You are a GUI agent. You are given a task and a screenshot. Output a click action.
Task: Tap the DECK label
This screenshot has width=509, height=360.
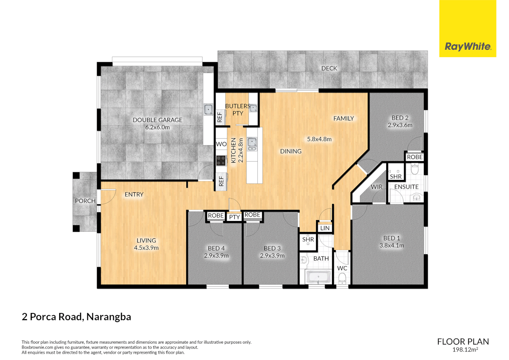[329, 68]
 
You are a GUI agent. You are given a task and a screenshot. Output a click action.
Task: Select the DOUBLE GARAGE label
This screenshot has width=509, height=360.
[157, 120]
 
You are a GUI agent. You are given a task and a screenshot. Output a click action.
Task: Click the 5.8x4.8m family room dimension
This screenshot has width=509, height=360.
[319, 139]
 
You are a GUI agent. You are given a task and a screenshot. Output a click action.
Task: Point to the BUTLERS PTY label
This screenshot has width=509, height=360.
[238, 110]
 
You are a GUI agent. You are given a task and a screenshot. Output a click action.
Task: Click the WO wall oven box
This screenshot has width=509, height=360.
[221, 144]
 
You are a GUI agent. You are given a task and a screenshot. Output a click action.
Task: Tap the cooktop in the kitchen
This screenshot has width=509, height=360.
[221, 161]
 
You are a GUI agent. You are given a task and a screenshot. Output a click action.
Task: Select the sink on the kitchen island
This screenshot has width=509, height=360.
[252, 144]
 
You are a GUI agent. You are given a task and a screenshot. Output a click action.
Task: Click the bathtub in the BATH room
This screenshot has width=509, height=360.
[318, 277]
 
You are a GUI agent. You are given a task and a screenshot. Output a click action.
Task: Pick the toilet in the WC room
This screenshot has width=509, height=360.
[342, 278]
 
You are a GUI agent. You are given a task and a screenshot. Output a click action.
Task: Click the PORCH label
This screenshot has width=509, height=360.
[85, 201]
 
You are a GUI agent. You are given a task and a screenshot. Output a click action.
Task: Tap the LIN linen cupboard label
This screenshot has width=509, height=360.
[325, 228]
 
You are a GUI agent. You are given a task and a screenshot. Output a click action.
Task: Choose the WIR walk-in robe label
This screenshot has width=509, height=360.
[376, 187]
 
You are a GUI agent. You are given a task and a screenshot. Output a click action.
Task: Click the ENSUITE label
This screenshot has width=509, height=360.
[406, 187]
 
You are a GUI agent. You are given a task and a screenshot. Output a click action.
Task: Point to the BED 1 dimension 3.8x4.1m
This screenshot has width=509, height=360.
[392, 246]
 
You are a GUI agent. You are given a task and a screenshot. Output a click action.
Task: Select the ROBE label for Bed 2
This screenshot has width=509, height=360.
[414, 157]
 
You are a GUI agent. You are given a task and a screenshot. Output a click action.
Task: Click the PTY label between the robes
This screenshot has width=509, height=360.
[235, 217]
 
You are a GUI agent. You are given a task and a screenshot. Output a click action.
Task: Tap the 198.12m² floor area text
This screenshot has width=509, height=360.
[465, 350]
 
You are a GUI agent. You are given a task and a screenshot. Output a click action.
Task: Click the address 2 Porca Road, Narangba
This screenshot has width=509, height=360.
[76, 317]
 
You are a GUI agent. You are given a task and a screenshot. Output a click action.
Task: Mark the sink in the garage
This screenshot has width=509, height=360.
[209, 109]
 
